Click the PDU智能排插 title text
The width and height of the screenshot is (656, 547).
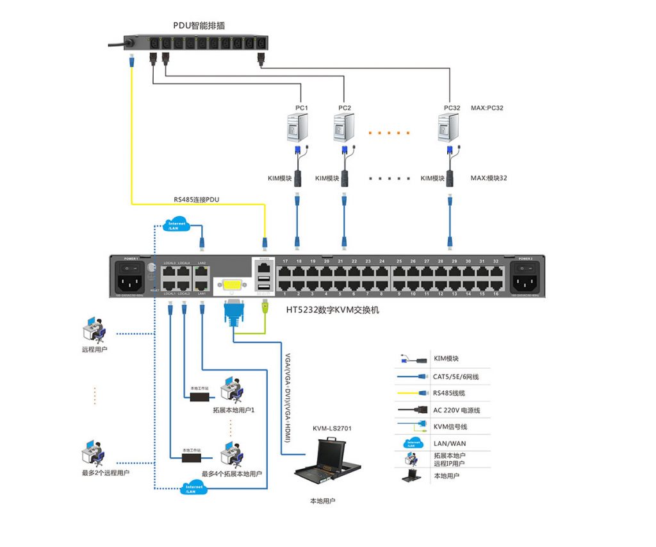199,26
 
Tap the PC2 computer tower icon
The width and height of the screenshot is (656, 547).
345,127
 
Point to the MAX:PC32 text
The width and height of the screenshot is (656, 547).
487,108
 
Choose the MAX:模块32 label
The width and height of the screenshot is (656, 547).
488,178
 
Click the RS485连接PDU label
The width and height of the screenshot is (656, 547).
196,199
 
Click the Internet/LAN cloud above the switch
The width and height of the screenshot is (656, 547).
177,225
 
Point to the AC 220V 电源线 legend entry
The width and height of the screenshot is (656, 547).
456,410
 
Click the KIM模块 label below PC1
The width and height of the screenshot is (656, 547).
279,178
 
